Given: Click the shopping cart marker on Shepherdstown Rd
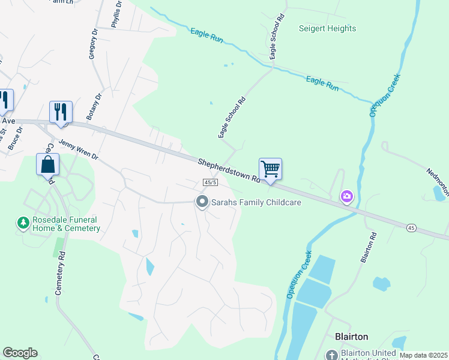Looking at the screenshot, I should [x=271, y=169].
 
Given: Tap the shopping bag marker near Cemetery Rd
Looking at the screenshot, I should [x=48, y=164].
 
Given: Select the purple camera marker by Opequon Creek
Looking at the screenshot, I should [x=347, y=196].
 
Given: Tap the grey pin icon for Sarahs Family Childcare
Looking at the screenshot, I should [x=202, y=202].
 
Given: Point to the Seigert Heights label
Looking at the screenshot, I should [x=327, y=28].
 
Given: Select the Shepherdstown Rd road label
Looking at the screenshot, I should [x=229, y=170].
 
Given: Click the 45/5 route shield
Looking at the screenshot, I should [x=209, y=182].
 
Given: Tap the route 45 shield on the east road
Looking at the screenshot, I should [x=411, y=227].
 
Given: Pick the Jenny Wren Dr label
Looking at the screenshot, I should [x=78, y=148].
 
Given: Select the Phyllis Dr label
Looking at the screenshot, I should [x=116, y=14].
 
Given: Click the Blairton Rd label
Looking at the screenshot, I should [x=368, y=247].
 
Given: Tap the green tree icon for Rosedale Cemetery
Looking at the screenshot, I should [x=23, y=223].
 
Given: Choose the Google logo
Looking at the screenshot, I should [x=20, y=353].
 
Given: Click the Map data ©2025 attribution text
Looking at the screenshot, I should [x=423, y=355].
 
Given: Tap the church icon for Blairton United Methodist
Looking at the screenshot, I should [x=331, y=355].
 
